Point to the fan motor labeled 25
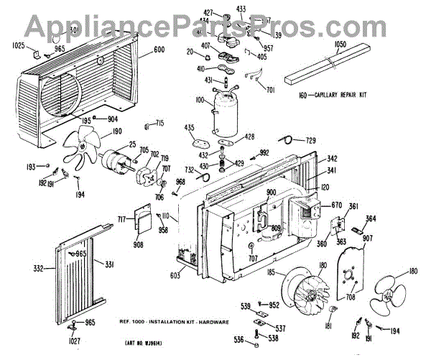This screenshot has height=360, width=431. (117, 163)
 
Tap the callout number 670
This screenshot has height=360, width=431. (335, 206)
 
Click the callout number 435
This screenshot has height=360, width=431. (190, 127)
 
